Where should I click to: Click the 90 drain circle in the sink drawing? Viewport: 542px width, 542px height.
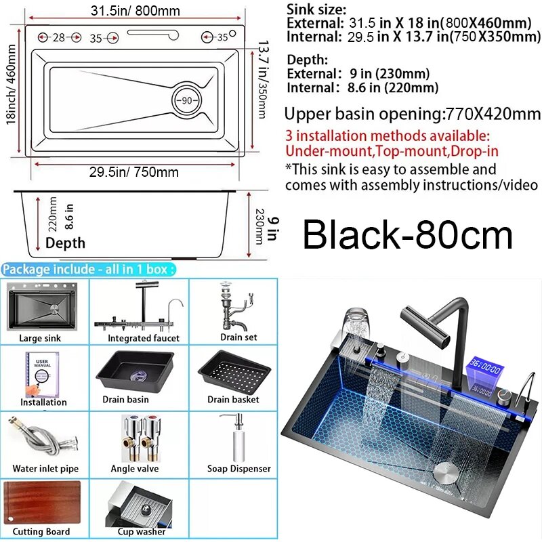point(187,100)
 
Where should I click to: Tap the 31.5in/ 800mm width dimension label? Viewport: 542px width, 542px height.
point(135,11)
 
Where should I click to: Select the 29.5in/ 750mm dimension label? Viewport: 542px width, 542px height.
point(133,172)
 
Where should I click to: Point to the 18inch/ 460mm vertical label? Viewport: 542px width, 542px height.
point(11,84)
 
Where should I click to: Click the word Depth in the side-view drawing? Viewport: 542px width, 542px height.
point(65,243)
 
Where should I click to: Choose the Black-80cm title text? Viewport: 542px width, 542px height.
point(408,235)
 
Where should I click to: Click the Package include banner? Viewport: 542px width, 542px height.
point(89,269)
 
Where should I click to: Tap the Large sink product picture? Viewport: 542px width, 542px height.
point(42,306)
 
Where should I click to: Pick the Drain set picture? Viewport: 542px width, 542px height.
point(236,306)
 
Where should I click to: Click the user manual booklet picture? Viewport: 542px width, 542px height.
point(42,375)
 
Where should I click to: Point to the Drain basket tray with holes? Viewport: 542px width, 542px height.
point(234,373)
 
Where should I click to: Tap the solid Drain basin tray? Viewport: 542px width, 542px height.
point(135,371)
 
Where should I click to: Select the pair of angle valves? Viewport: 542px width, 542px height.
point(142,438)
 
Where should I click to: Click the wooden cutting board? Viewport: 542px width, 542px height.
point(42,503)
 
